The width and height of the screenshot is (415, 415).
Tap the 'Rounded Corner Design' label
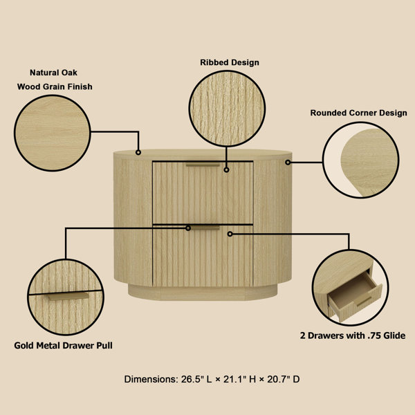[358, 113]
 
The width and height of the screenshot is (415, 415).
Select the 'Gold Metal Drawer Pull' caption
[64, 344]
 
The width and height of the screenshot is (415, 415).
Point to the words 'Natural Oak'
[54, 71]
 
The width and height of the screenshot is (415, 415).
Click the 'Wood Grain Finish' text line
[55, 87]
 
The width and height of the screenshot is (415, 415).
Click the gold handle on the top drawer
[203, 165]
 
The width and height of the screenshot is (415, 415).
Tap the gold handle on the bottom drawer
[203, 227]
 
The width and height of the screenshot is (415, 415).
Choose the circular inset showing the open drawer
[347, 288]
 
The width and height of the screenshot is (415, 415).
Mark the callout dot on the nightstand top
[138, 151]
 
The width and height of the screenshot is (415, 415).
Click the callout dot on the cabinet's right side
[288, 163]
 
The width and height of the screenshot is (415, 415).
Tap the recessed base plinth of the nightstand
[203, 292]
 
